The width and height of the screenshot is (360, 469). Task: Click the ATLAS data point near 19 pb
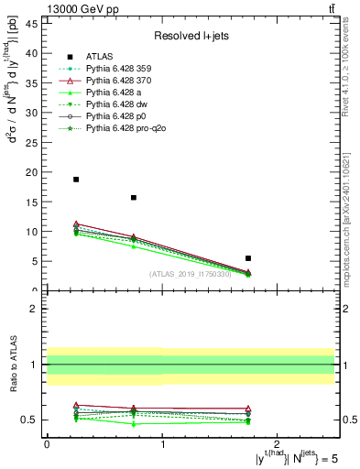[x=76, y=180]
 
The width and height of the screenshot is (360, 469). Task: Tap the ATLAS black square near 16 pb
[x=134, y=198]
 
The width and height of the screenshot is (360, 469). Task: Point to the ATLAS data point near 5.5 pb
[x=248, y=258]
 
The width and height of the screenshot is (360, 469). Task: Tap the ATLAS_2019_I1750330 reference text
[x=190, y=274]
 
